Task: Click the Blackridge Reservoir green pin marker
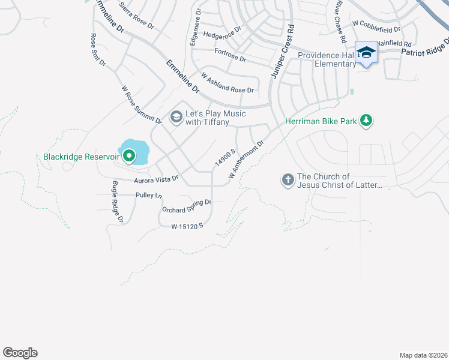point(128,157)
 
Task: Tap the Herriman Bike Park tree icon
point(366,121)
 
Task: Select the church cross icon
point(288,179)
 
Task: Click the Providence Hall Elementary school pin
point(366,53)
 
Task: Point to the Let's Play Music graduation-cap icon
point(176,116)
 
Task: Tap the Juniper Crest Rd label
point(283,52)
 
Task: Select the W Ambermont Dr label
point(247,160)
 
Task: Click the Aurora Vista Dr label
point(156,179)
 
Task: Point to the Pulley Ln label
point(149,196)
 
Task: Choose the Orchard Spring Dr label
point(187,206)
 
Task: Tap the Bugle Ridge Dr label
point(117,202)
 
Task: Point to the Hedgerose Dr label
point(222,32)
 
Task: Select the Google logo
point(20,353)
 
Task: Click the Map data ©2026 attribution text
point(423,355)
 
